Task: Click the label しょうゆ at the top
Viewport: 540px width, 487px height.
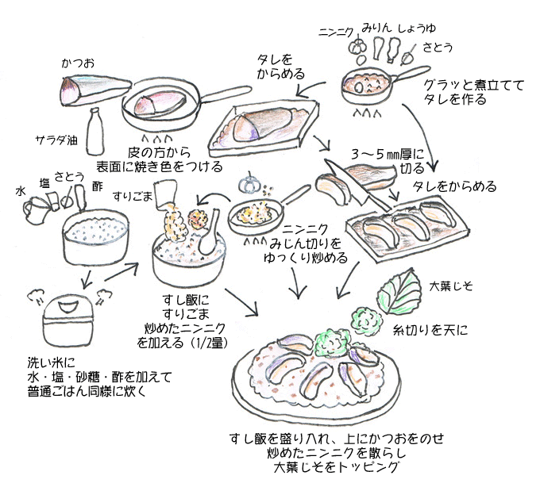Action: pos(422,26)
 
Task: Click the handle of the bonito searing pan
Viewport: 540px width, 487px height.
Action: pos(226,91)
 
